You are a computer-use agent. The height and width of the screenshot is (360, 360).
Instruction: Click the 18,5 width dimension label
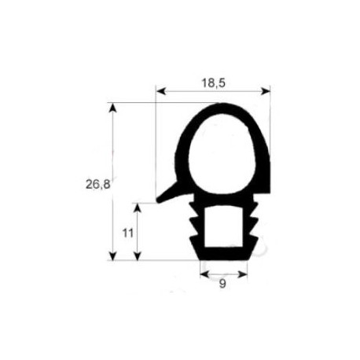click(213, 83)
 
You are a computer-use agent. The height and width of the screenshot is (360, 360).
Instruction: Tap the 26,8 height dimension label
click(97, 185)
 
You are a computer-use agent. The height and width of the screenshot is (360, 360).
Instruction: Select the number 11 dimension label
click(128, 233)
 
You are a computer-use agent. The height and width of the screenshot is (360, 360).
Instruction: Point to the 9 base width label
click(222, 284)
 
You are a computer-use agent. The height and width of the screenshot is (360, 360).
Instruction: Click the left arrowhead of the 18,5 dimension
click(160, 91)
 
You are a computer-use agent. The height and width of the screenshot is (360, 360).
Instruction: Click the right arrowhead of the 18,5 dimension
click(266, 91)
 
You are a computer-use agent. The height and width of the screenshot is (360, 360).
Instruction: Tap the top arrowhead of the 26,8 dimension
click(112, 108)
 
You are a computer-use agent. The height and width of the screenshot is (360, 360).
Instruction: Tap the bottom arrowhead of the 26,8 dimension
click(112, 256)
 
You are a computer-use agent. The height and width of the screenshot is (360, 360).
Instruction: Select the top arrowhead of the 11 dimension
click(138, 208)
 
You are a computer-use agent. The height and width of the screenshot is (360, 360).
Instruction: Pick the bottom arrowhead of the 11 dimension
click(138, 256)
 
